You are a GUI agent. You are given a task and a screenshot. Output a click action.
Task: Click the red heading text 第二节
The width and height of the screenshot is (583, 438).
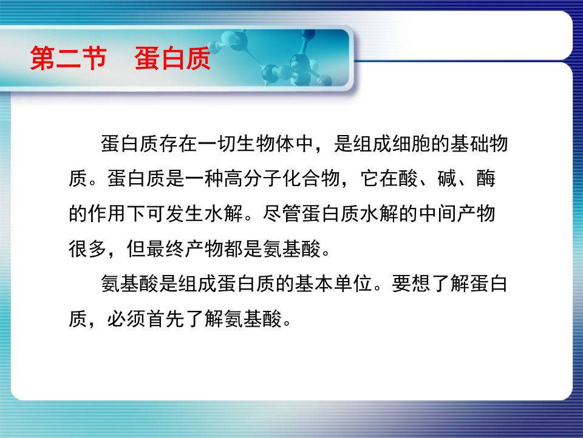click(69, 58)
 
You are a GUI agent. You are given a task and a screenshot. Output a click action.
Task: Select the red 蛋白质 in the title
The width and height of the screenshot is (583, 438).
click(172, 58)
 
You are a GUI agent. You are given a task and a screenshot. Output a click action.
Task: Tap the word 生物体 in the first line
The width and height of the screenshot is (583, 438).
click(265, 144)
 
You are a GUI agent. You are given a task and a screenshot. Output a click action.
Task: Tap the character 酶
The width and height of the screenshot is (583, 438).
click(486, 178)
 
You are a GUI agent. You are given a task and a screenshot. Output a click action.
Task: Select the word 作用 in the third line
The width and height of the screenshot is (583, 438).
click(107, 214)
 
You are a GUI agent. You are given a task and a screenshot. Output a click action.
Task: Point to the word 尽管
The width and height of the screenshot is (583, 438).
click(281, 214)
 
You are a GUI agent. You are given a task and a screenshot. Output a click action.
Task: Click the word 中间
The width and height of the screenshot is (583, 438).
click(437, 214)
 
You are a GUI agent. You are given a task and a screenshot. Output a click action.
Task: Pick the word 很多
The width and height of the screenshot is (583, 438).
click(87, 248)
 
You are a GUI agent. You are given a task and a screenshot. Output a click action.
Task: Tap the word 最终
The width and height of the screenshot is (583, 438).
click(165, 248)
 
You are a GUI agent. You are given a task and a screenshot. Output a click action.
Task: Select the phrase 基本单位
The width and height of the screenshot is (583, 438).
click(334, 283)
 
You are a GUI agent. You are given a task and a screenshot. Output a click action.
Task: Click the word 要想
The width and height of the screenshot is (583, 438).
click(411, 283)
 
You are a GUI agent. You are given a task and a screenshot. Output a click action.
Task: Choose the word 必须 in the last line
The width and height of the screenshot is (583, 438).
click(126, 319)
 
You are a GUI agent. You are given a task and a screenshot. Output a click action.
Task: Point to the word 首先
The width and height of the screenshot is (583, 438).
click(165, 319)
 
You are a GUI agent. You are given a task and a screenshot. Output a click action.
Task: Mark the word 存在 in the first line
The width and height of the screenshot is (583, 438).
click(178, 144)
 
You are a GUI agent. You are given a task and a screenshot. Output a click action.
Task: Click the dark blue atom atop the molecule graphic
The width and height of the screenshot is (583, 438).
click(308, 34)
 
